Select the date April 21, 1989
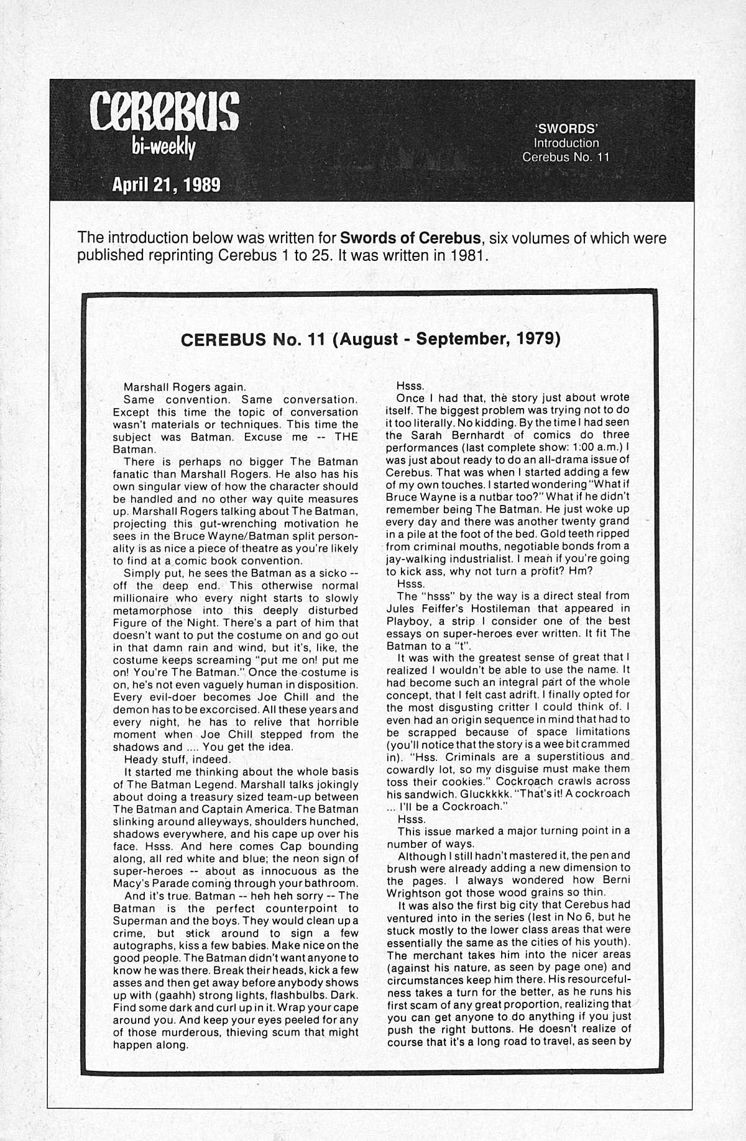(165, 184)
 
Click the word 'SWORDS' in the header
(566, 129)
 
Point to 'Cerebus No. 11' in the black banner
(566, 157)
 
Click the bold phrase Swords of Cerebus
(411, 238)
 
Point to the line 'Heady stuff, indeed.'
(169, 760)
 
